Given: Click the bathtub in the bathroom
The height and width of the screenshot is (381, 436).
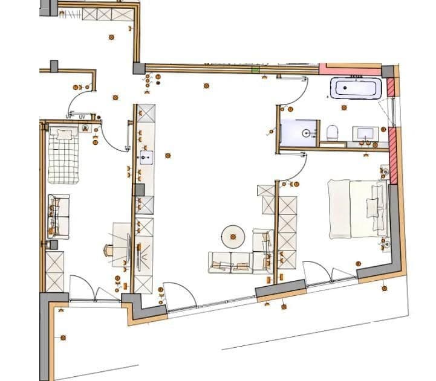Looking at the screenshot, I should (356, 89).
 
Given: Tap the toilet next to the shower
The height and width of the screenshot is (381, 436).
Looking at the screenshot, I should (331, 132).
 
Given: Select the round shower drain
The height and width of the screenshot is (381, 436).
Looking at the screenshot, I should (307, 132).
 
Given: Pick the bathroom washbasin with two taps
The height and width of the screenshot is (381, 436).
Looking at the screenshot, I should (366, 133).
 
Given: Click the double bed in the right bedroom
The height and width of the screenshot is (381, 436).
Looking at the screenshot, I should (357, 208).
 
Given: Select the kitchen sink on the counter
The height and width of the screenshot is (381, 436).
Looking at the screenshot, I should (146, 158).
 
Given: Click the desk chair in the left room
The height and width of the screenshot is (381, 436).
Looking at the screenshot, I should (109, 250).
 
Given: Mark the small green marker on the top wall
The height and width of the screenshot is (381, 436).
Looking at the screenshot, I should (255, 69).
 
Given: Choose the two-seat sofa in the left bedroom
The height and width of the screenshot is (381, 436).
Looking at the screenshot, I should (59, 216).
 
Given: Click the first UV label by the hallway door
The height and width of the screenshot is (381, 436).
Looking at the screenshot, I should (69, 116).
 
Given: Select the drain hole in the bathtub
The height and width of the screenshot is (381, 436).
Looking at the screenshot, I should (345, 89).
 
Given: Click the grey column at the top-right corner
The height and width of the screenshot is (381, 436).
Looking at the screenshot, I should (388, 71).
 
